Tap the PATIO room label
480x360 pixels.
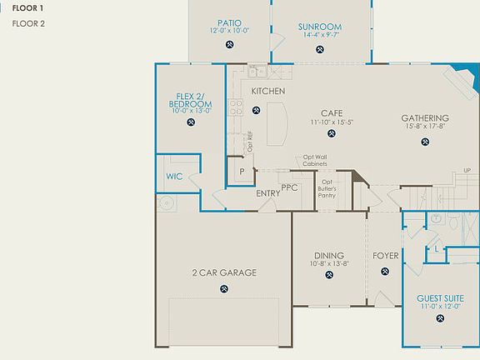(x=230, y=23)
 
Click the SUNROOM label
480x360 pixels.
(x=320, y=27)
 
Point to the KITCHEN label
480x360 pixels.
(x=268, y=91)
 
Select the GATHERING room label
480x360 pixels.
(x=425, y=118)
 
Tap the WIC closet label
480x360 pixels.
(x=174, y=177)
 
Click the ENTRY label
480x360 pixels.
(x=268, y=193)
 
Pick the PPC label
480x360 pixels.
(x=290, y=187)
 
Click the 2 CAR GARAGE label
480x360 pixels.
(x=224, y=272)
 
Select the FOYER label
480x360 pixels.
(x=386, y=255)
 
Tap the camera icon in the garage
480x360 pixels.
(x=224, y=288)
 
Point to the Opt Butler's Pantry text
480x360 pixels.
(x=327, y=188)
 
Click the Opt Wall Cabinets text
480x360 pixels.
(x=315, y=161)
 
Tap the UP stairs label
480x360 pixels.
(x=467, y=171)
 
